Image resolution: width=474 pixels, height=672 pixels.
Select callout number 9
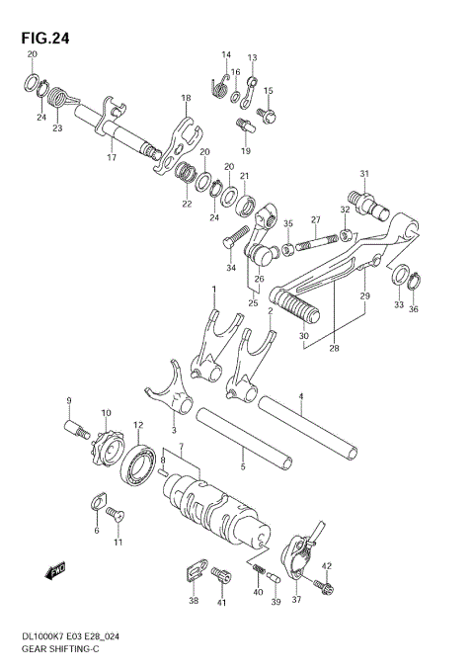click(69, 400)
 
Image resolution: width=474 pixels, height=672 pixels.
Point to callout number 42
click(327, 565)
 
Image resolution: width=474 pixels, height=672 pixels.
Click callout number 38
click(194, 601)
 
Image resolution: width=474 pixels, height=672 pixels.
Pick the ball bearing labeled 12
click(136, 464)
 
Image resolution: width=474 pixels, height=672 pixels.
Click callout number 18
click(185, 98)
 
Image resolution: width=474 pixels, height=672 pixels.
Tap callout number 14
click(226, 54)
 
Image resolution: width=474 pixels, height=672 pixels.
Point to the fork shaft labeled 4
click(305, 427)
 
